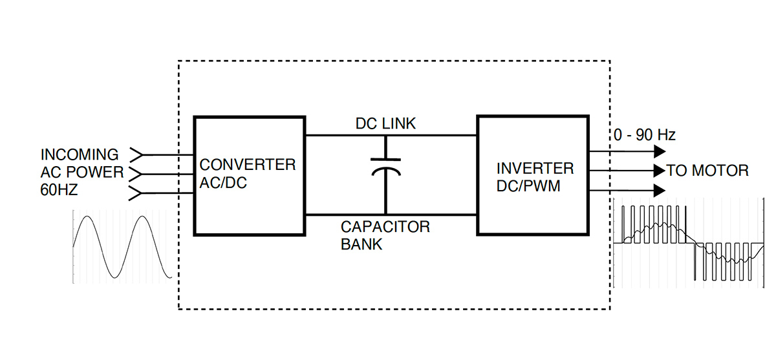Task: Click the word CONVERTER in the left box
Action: [x=248, y=164]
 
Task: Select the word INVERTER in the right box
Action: [x=535, y=169]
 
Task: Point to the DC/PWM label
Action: [x=527, y=186]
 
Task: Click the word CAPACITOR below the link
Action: [x=385, y=227]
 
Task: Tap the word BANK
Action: [x=361, y=244]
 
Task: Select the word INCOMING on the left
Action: [x=80, y=155]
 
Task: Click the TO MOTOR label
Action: [x=707, y=171]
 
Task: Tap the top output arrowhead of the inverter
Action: [x=659, y=152]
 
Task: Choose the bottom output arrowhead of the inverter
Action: [x=659, y=190]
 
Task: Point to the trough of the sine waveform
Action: [x=117, y=277]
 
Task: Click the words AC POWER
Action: [x=81, y=173]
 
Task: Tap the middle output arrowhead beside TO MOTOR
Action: [x=659, y=171]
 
